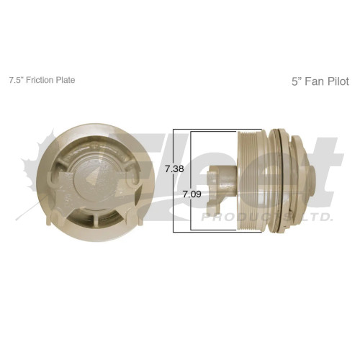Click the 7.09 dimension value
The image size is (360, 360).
(x=191, y=194)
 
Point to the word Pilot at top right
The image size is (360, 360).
(x=336, y=81)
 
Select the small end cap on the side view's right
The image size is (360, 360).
(x=315, y=177)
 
